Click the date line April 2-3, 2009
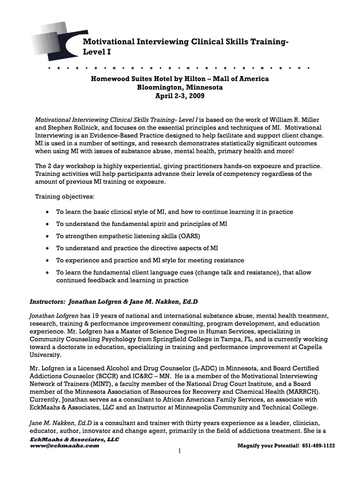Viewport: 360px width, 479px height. [x=180, y=96]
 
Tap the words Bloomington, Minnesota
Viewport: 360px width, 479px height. [x=180, y=87]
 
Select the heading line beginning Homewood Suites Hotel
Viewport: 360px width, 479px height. [x=180, y=79]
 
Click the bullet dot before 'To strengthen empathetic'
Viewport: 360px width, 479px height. [x=48, y=236]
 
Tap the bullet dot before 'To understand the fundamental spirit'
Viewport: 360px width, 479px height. [x=48, y=224]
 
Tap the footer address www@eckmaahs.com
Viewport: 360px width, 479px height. [x=65, y=446]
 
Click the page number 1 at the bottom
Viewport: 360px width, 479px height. [x=180, y=452]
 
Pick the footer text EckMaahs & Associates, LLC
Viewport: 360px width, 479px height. [x=68, y=440]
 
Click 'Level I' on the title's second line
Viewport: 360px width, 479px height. [x=97, y=52]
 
